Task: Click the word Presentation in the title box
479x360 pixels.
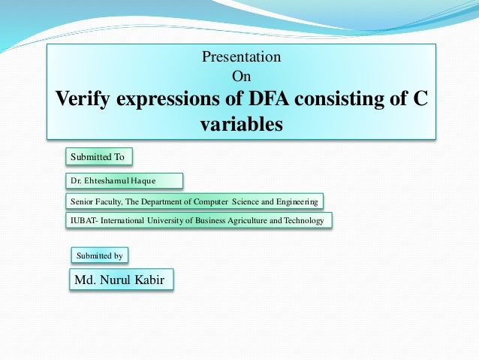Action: pyautogui.click(x=242, y=56)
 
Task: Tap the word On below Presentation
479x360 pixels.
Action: pyautogui.click(x=242, y=76)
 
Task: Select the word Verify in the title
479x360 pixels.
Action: pyautogui.click(x=80, y=98)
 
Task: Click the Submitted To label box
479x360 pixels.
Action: pyautogui.click(x=98, y=156)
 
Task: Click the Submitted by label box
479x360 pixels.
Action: pyautogui.click(x=99, y=256)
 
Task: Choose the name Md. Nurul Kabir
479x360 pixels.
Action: pyautogui.click(x=120, y=280)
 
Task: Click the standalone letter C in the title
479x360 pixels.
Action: pyautogui.click(x=420, y=98)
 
